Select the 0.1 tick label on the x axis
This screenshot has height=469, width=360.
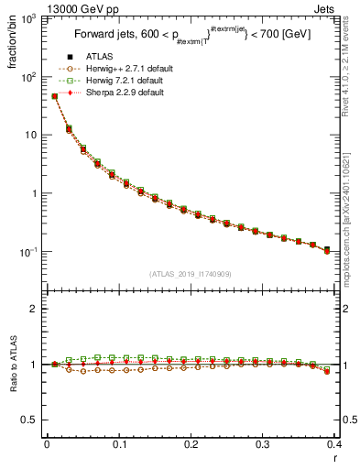pyautogui.click(x=119, y=445)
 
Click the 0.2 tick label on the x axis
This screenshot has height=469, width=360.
pyautogui.click(x=191, y=445)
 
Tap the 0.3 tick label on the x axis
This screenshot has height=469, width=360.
pyautogui.click(x=263, y=445)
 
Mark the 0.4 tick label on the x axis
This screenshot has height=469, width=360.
pyautogui.click(x=333, y=445)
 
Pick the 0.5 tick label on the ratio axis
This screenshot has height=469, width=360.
pyautogui.click(x=31, y=420)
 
